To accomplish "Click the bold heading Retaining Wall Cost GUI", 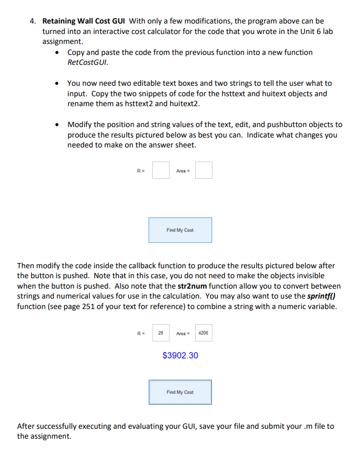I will click(x=84, y=21).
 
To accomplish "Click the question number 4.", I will click(x=32, y=21).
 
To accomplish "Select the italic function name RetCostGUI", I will click(x=87, y=62).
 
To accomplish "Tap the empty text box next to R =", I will click(x=161, y=170).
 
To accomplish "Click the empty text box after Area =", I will click(x=204, y=170).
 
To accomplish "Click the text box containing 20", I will click(x=161, y=333).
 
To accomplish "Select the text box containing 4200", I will click(x=204, y=333).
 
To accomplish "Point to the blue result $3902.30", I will click(x=181, y=356).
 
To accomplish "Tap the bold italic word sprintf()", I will click(x=320, y=296).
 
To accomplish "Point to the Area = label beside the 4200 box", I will click(x=183, y=333).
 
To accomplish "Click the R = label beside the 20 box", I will click(x=140, y=333).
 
